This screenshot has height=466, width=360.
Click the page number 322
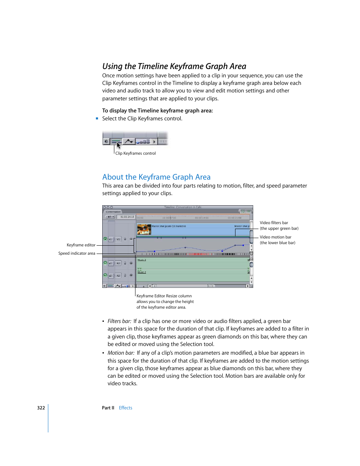[x=41, y=408]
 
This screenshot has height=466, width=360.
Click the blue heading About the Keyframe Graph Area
[x=156, y=177]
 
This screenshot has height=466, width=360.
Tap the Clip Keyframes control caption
[x=135, y=153]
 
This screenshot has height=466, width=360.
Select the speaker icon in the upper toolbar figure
[x=106, y=141]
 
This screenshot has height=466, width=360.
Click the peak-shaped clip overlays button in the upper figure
[x=129, y=141]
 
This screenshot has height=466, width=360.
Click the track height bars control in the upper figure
[x=143, y=142]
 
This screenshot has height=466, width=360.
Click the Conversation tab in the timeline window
[x=113, y=212]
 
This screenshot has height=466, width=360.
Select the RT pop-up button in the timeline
[x=110, y=217]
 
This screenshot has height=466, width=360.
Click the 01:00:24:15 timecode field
[x=127, y=217]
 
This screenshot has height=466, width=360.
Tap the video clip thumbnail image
[x=144, y=229]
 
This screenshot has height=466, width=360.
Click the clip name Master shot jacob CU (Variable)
[x=169, y=226]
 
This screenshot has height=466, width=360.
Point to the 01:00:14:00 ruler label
[x=202, y=218]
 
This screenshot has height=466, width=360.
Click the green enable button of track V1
[x=105, y=239]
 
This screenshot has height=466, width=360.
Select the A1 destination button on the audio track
[x=118, y=263]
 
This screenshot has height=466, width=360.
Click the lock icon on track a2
[x=125, y=275]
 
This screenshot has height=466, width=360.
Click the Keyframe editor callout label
[x=81, y=245]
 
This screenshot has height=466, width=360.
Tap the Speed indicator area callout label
[x=77, y=253]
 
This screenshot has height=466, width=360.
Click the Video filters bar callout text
[x=274, y=223]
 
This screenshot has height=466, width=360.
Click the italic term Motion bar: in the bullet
[x=121, y=353]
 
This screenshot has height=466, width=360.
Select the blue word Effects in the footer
[x=125, y=408]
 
